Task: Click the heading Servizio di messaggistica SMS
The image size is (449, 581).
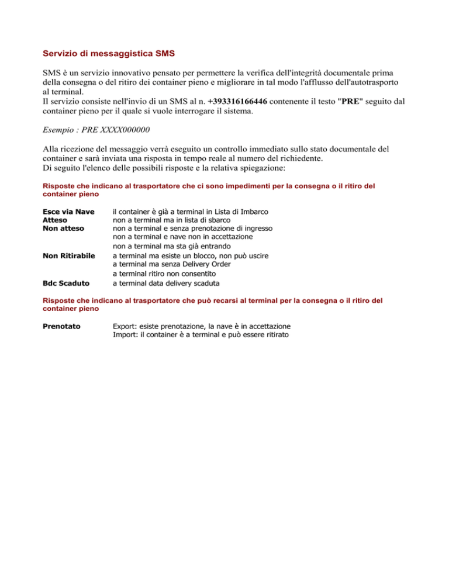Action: [x=109, y=54]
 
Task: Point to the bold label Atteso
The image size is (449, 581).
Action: [x=56, y=220]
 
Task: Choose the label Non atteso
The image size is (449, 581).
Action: [x=63, y=229]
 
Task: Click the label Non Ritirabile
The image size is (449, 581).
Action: [x=69, y=255]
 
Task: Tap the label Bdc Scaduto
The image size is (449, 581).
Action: [x=66, y=283]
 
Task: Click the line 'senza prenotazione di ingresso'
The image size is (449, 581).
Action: [x=192, y=229]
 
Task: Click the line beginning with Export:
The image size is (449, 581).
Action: [x=202, y=326]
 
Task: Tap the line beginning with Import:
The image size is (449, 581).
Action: [x=200, y=335]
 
